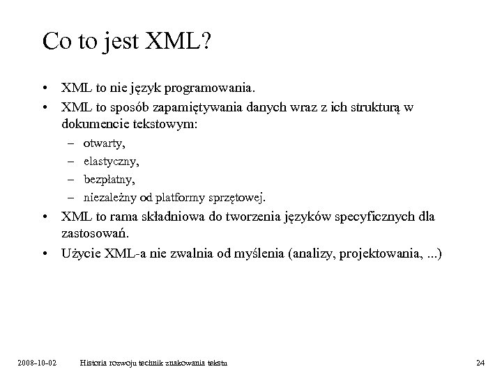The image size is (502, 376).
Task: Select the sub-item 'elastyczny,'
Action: point(111,161)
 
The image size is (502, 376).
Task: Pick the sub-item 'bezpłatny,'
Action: point(109,179)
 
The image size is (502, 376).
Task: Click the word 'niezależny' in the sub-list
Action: point(108,197)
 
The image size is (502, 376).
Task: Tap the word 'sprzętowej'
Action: point(237,197)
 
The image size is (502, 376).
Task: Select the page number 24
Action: point(479,363)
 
